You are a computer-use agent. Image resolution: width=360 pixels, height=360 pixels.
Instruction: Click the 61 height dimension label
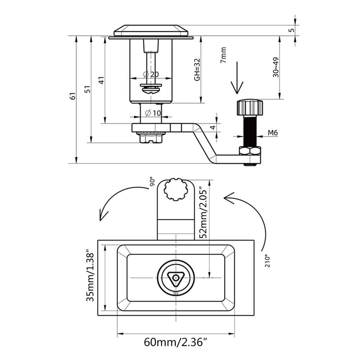tap(73, 96)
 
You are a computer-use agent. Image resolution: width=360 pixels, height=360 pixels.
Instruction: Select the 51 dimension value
tap(88, 89)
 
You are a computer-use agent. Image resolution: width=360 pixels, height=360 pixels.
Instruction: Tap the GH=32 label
tap(197, 69)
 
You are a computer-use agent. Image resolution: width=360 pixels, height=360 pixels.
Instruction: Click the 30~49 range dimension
tap(276, 67)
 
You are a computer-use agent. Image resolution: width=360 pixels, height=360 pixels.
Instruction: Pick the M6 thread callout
tap(273, 133)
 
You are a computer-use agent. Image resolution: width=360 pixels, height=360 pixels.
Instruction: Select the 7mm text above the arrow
tap(223, 56)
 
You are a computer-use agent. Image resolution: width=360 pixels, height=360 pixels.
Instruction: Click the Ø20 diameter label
tap(151, 74)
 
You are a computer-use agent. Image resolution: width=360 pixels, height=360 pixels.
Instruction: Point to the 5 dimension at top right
tap(291, 30)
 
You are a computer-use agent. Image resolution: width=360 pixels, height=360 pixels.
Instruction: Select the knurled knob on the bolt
tap(250, 108)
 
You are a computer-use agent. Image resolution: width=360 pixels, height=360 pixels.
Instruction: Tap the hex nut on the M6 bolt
tap(250, 152)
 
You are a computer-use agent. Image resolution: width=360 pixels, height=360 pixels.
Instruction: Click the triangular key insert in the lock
tap(175, 278)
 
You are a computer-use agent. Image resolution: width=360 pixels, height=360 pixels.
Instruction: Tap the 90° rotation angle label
tap(152, 181)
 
